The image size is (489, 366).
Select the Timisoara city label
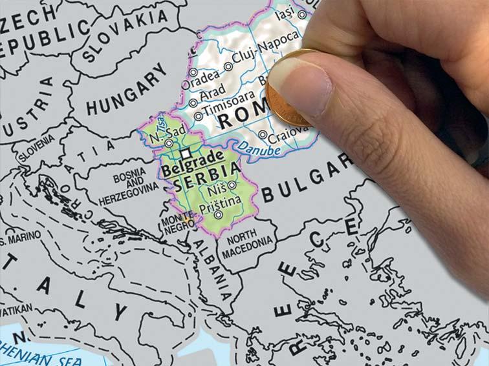click(x=226, y=111)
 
